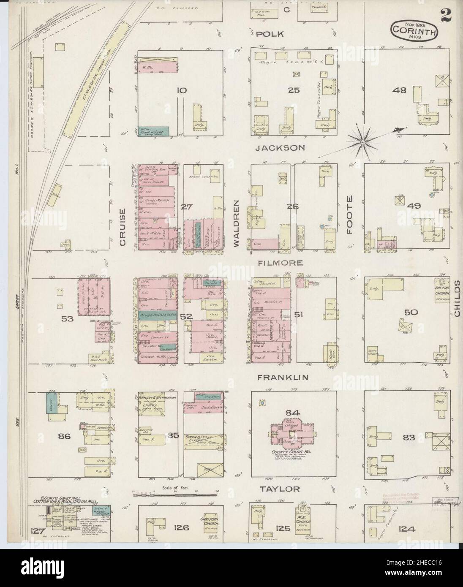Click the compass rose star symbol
(362, 144)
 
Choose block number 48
(399, 90)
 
